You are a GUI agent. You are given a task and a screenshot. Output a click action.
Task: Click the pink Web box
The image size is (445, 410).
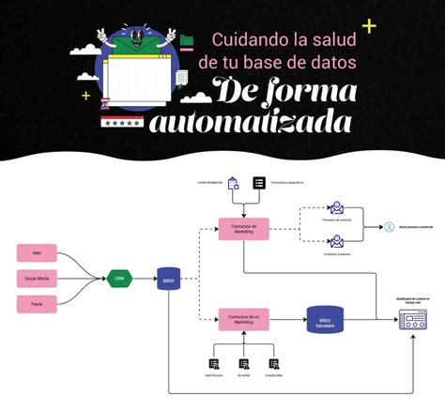(38, 252)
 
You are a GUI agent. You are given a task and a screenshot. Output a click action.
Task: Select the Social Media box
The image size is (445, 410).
(38, 278)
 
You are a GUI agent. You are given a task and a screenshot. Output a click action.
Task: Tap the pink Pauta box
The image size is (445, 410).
(38, 303)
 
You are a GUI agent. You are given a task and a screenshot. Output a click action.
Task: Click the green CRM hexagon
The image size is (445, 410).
(120, 278)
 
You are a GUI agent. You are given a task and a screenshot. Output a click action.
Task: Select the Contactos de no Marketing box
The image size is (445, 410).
(243, 320)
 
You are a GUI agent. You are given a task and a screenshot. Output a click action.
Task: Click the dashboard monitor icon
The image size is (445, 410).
(413, 320)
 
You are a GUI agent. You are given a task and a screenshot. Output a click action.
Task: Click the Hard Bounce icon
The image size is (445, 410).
(215, 364)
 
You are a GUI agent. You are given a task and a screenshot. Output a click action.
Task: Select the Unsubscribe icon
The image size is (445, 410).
(274, 364)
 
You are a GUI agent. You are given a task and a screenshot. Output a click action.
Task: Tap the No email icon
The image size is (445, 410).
(244, 364)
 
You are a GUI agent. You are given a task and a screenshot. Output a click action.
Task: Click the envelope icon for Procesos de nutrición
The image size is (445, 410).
(336, 209)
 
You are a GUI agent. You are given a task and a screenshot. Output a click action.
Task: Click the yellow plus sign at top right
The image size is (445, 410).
(369, 25)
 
